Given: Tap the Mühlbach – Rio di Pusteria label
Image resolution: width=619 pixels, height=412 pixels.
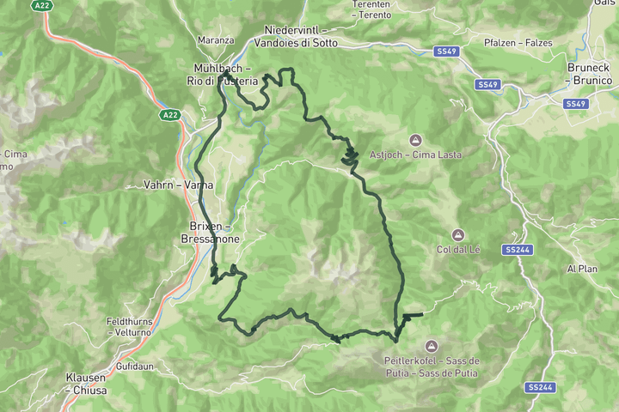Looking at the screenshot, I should [224, 74].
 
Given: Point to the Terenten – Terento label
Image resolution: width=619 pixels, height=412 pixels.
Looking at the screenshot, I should [371, 10].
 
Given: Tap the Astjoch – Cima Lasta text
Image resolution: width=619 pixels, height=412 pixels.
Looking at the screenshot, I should [415, 154].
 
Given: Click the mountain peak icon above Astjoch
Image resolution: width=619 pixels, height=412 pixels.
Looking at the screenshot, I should [415, 139].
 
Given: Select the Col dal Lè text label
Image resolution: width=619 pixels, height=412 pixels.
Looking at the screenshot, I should [458, 249].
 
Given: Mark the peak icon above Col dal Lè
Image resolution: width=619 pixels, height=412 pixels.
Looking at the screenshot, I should [458, 233].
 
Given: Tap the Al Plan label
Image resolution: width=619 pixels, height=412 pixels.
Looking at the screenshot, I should [581, 269].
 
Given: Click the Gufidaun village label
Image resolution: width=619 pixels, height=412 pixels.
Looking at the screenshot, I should [136, 366].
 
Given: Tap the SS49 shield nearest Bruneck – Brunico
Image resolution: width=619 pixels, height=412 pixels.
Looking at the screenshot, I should [575, 104].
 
